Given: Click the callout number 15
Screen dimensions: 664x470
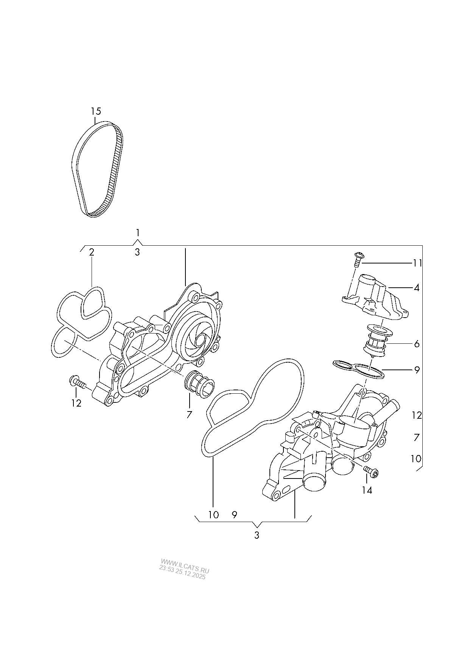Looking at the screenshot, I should [96, 111].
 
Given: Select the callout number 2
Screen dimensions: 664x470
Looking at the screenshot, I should [92, 252].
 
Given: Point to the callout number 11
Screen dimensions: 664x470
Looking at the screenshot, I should [417, 263].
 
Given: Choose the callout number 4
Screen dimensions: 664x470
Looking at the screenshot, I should [417, 288].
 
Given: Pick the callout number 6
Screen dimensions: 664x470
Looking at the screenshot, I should [417, 344].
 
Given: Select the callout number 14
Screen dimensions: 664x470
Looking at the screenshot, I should [367, 490].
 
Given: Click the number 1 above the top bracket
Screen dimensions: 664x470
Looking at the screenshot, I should [138, 232].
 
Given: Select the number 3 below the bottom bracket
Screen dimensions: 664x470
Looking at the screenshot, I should [257, 535].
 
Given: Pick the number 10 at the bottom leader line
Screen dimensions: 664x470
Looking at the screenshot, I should [213, 515].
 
